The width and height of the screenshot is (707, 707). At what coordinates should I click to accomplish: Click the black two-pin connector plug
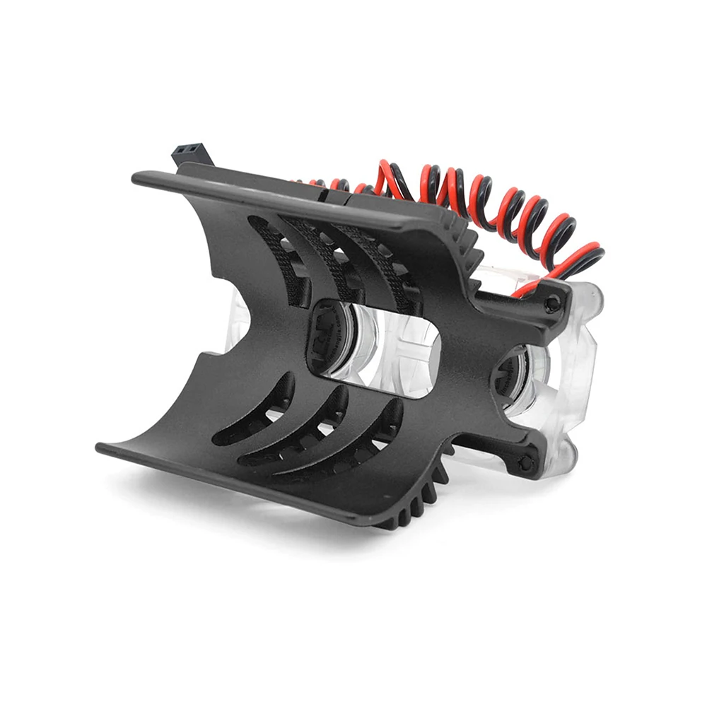click(189, 155)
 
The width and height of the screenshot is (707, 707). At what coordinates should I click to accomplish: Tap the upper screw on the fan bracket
click(552, 305)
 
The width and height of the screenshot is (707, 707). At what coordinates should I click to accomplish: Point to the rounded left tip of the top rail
click(137, 177)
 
